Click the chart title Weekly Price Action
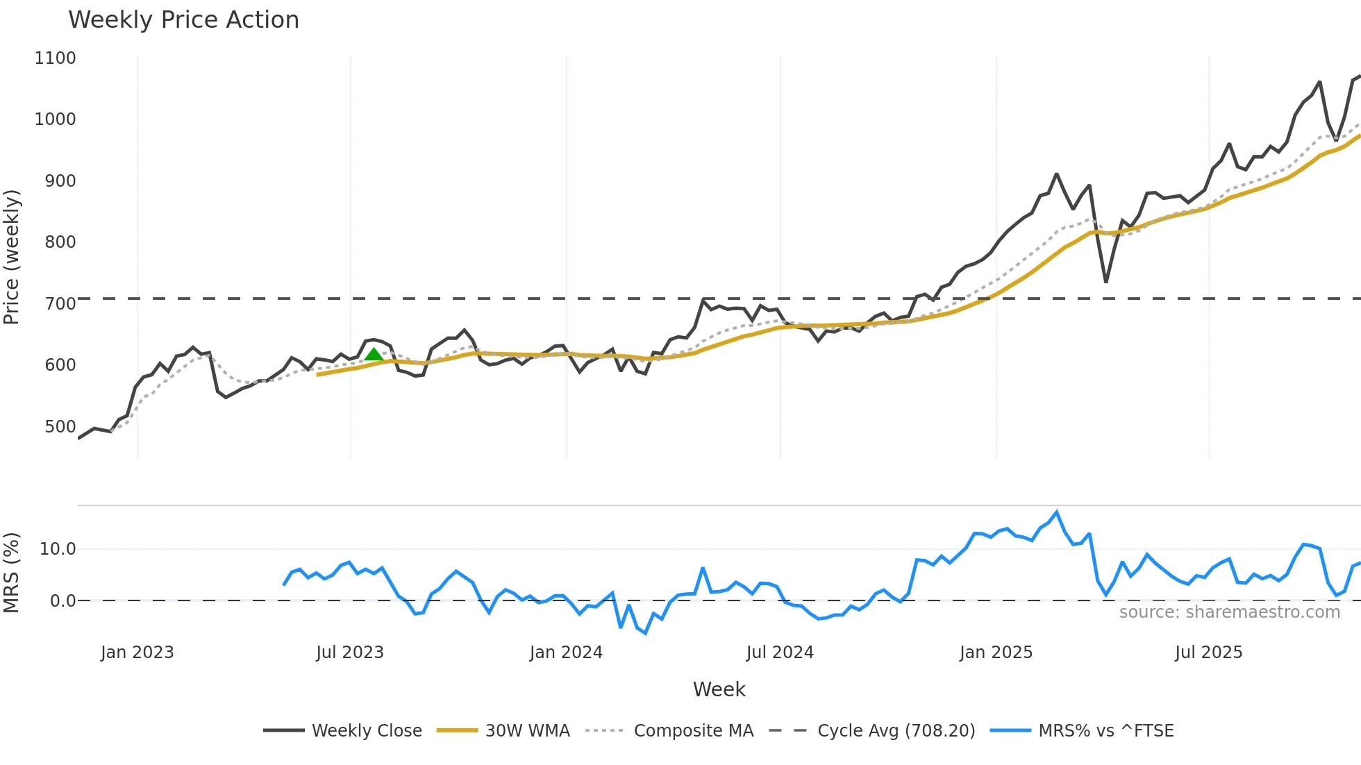[x=183, y=19]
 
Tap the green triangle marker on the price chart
[x=374, y=355]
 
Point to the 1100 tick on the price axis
[x=55, y=58]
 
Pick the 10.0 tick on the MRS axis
[x=57, y=549]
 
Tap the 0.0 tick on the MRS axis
[x=62, y=601]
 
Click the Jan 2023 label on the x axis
[x=137, y=653]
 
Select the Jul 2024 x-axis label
[x=780, y=653]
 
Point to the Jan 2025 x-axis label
[x=996, y=653]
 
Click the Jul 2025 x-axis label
[x=1208, y=653]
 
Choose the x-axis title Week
[x=719, y=689]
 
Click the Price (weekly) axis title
[x=12, y=257]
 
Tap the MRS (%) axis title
[x=12, y=573]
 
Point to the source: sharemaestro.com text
[x=1229, y=612]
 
